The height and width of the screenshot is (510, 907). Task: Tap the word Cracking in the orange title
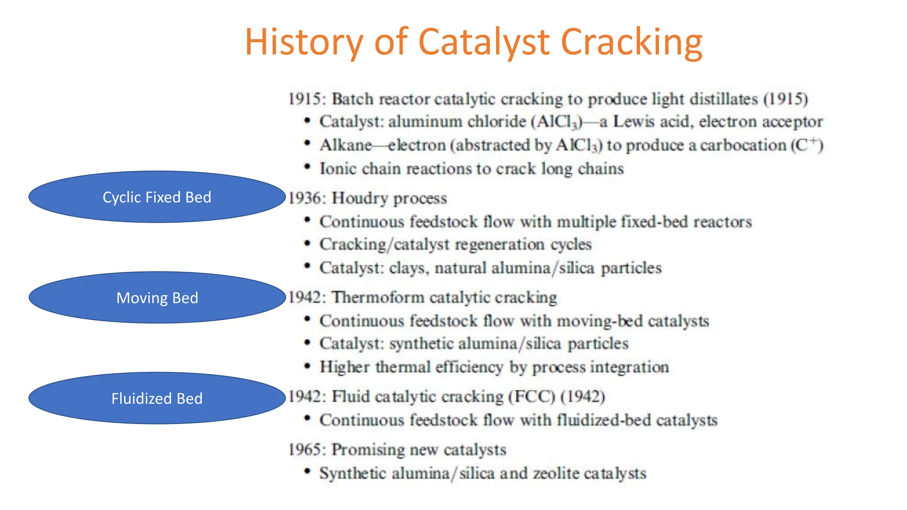pyautogui.click(x=631, y=42)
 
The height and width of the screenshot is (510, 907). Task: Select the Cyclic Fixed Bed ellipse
pyautogui.click(x=157, y=197)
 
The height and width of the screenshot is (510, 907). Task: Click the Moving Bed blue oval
pyautogui.click(x=157, y=297)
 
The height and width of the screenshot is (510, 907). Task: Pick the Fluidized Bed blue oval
pyautogui.click(x=157, y=398)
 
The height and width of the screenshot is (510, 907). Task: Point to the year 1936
pyautogui.click(x=304, y=198)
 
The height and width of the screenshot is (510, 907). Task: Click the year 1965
pyautogui.click(x=304, y=449)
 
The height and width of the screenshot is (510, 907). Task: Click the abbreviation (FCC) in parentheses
pyautogui.click(x=531, y=396)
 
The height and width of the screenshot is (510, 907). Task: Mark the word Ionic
pyautogui.click(x=338, y=169)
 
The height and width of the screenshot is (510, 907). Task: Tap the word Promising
pyautogui.click(x=368, y=449)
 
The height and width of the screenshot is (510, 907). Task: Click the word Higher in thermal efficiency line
pyautogui.click(x=345, y=367)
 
